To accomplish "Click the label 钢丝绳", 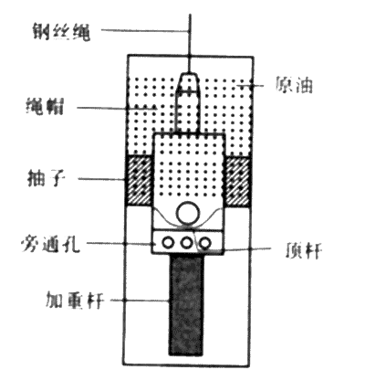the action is click(x=61, y=31).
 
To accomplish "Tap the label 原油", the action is click(x=294, y=84).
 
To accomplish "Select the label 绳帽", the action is click(x=45, y=106).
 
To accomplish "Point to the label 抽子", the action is click(x=47, y=177).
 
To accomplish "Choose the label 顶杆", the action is click(x=303, y=250).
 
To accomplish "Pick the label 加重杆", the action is click(x=75, y=300).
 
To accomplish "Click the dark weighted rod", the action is click(x=186, y=304).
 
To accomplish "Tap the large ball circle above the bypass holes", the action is click(x=189, y=213).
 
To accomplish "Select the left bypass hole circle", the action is click(x=168, y=243).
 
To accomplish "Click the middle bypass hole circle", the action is click(x=186, y=243).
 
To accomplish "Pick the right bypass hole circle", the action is click(x=205, y=243).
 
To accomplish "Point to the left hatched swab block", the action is click(x=139, y=180).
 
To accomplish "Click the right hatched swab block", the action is click(x=238, y=180).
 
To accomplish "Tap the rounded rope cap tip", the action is click(x=189, y=79).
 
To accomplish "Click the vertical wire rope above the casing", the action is click(x=190, y=34).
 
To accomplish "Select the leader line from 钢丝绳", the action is click(x=145, y=30).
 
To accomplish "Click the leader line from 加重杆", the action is click(x=140, y=301).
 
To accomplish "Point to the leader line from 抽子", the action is click(x=102, y=179).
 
